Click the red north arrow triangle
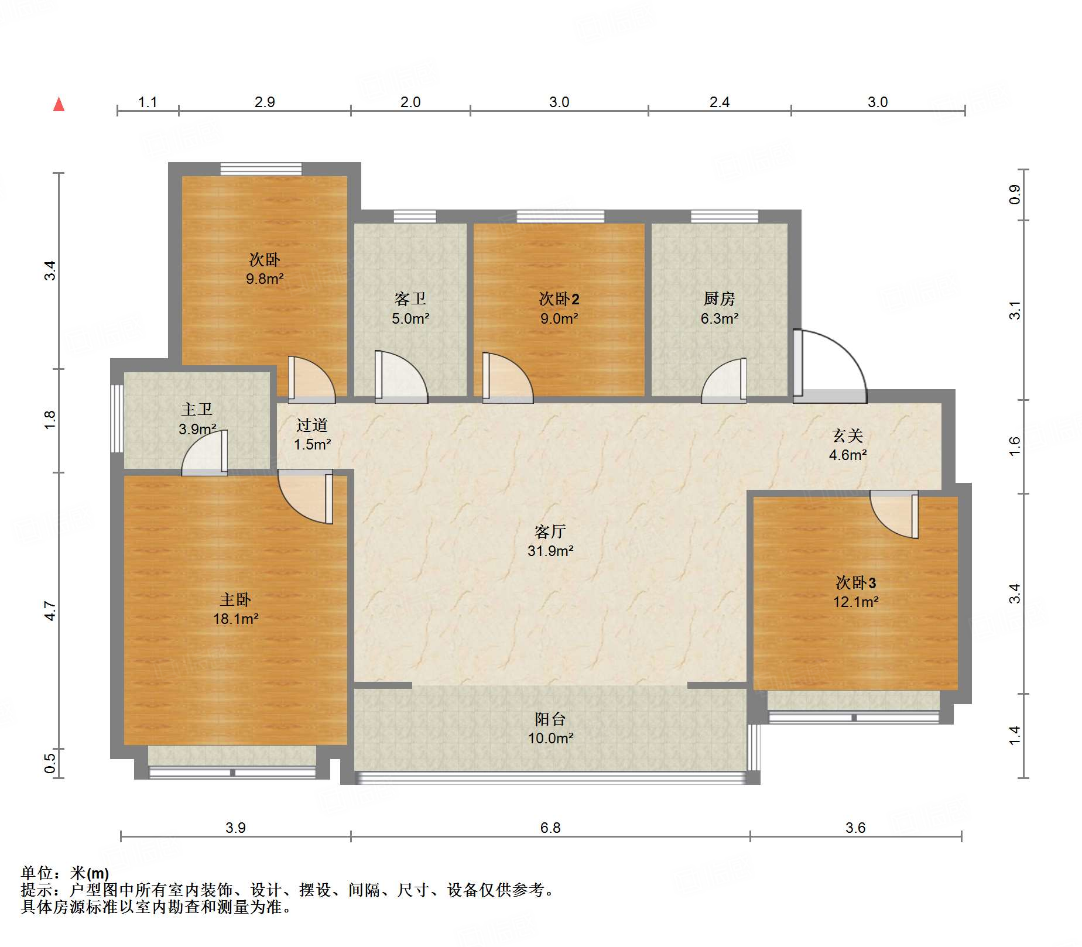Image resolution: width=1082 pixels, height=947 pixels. coord(59,104)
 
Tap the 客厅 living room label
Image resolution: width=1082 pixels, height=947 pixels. coord(550,531)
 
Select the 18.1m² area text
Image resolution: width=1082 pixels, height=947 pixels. coord(235,619)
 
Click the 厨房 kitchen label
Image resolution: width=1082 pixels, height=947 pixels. coord(719,298)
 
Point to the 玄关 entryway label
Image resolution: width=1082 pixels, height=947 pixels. coord(847,435)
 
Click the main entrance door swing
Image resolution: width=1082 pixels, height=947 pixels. coord(830,366)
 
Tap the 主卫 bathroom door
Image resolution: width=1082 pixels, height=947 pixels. coord(204,453)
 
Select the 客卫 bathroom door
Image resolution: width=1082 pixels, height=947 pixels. coord(401,377)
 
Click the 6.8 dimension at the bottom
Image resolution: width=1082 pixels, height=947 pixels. coord(550,828)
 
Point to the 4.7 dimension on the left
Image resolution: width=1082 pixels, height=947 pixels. coord(50,610)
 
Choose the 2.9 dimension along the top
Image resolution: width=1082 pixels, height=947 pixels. coord(265,102)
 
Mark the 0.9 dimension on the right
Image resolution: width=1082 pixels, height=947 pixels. coord(1015,194)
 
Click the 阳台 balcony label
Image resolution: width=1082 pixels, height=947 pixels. coord(550,719)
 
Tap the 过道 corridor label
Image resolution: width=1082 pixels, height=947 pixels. coord(311,425)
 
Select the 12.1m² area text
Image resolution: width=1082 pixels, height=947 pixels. coord(855,602)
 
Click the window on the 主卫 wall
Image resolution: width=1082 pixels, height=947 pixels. coord(117,418)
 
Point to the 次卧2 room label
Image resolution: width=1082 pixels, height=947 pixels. coord(559,298)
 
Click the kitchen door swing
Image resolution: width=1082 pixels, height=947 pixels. coord(724,380)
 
